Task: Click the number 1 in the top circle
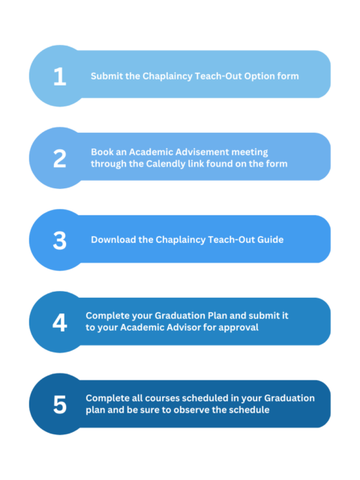tap(60, 76)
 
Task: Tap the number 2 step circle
tap(60, 158)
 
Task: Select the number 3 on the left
tap(60, 240)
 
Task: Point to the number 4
tap(60, 322)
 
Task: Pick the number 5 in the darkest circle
tap(60, 404)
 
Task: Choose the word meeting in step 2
tap(250, 152)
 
